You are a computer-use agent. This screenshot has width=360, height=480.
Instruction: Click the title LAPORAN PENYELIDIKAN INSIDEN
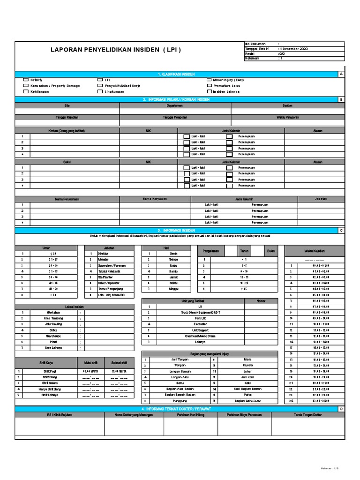tap(115, 50)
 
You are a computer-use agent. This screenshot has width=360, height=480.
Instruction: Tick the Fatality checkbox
tap(26, 80)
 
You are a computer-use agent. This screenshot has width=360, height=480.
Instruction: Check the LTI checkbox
tap(100, 80)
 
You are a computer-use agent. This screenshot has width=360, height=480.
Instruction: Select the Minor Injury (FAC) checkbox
tap(209, 80)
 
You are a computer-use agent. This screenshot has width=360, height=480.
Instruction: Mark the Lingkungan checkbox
tap(100, 92)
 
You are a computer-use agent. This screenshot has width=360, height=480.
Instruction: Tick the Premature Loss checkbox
tap(209, 86)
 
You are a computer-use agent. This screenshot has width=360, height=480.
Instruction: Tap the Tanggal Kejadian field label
tap(67, 117)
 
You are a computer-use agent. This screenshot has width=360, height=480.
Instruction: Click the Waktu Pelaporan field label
tap(287, 117)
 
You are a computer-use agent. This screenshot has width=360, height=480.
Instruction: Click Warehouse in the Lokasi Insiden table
tap(53, 336)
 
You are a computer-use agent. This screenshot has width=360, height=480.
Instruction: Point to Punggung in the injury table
tap(170, 401)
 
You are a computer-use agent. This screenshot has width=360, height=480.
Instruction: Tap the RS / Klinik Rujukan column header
tap(59, 414)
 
